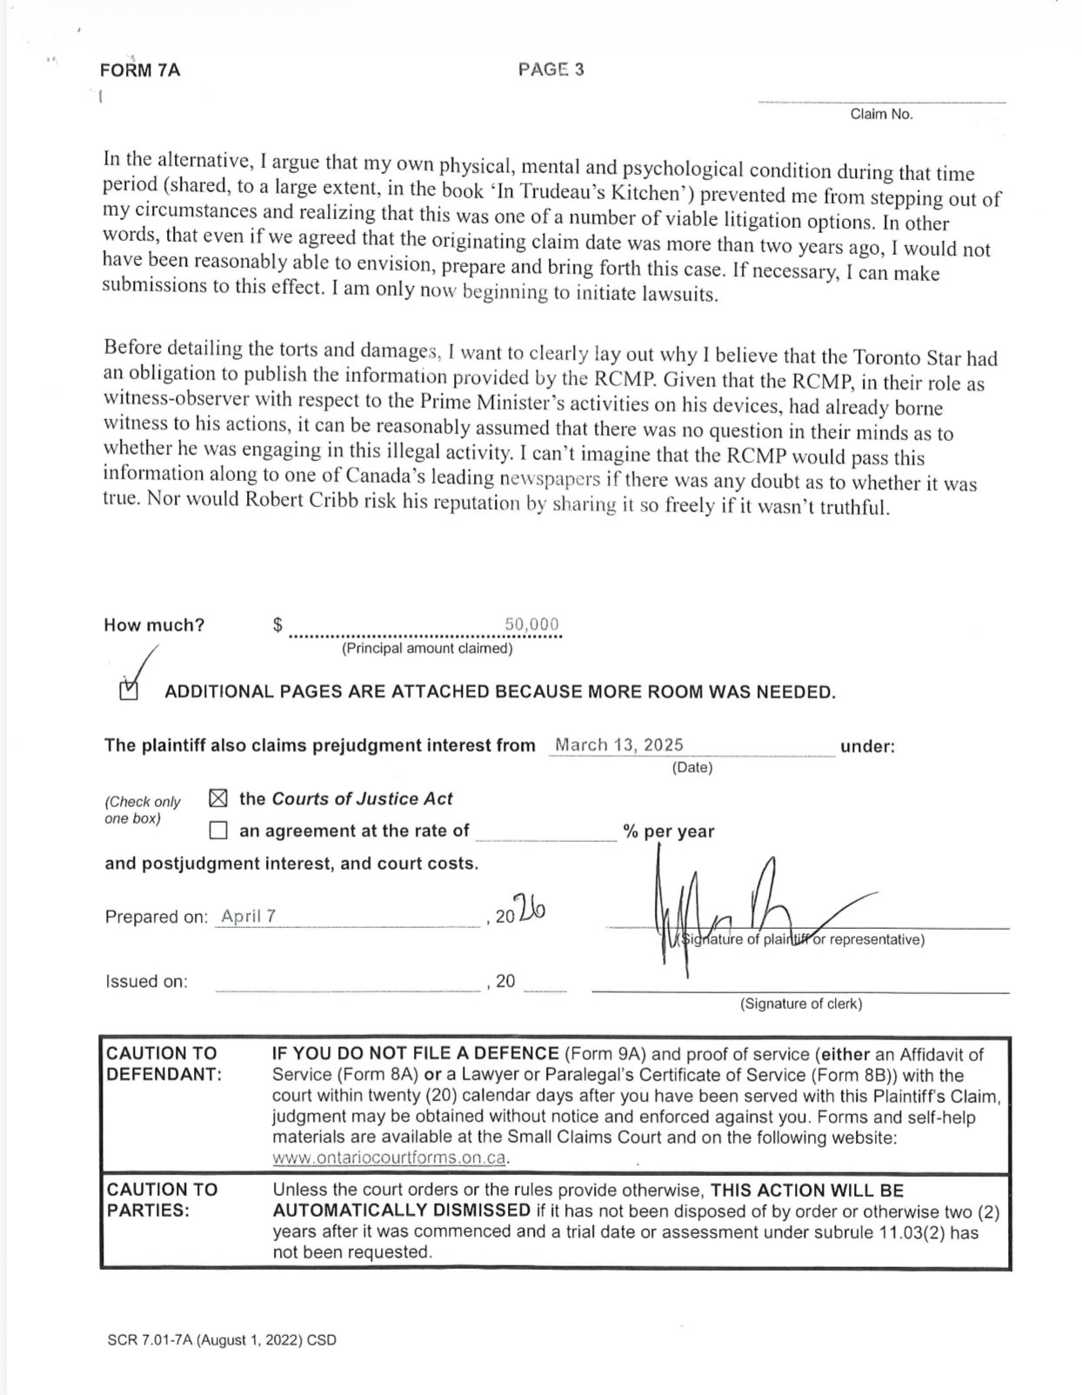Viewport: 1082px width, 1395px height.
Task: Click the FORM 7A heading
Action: [140, 70]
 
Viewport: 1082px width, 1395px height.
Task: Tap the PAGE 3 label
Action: [551, 70]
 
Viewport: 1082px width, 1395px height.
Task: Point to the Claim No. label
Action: [881, 114]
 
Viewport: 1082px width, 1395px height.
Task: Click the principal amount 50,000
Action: [531, 624]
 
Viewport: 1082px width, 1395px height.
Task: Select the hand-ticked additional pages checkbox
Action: [129, 691]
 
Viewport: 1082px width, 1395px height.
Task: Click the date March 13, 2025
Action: [619, 744]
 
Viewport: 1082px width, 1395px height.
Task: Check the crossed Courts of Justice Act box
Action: [218, 798]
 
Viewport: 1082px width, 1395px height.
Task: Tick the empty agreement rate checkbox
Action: [218, 831]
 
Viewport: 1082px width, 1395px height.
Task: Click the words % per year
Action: [668, 831]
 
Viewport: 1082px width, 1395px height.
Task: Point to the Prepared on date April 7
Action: [249, 916]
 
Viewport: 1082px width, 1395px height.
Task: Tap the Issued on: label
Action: [146, 981]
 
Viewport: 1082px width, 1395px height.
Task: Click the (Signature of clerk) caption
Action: [801, 1004]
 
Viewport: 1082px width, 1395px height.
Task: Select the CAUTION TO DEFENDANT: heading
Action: [164, 1064]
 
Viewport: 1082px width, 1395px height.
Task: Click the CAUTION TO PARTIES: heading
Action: [162, 1199]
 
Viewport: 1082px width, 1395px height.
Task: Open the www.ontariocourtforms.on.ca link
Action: [389, 1158]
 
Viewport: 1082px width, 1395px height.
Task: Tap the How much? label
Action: [154, 625]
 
